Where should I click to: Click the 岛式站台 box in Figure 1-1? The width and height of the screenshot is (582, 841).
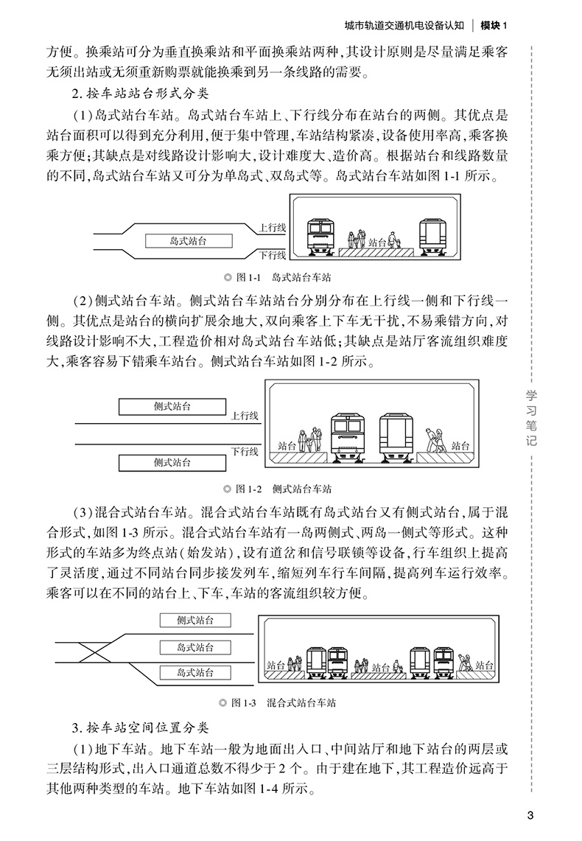click(x=188, y=241)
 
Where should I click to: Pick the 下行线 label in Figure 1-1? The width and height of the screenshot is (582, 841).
click(x=272, y=255)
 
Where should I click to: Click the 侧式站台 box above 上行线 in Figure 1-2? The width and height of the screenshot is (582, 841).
click(x=172, y=407)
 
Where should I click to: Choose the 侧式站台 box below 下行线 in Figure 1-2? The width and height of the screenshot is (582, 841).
click(x=172, y=462)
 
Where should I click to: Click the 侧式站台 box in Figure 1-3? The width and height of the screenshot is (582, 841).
click(x=194, y=621)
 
